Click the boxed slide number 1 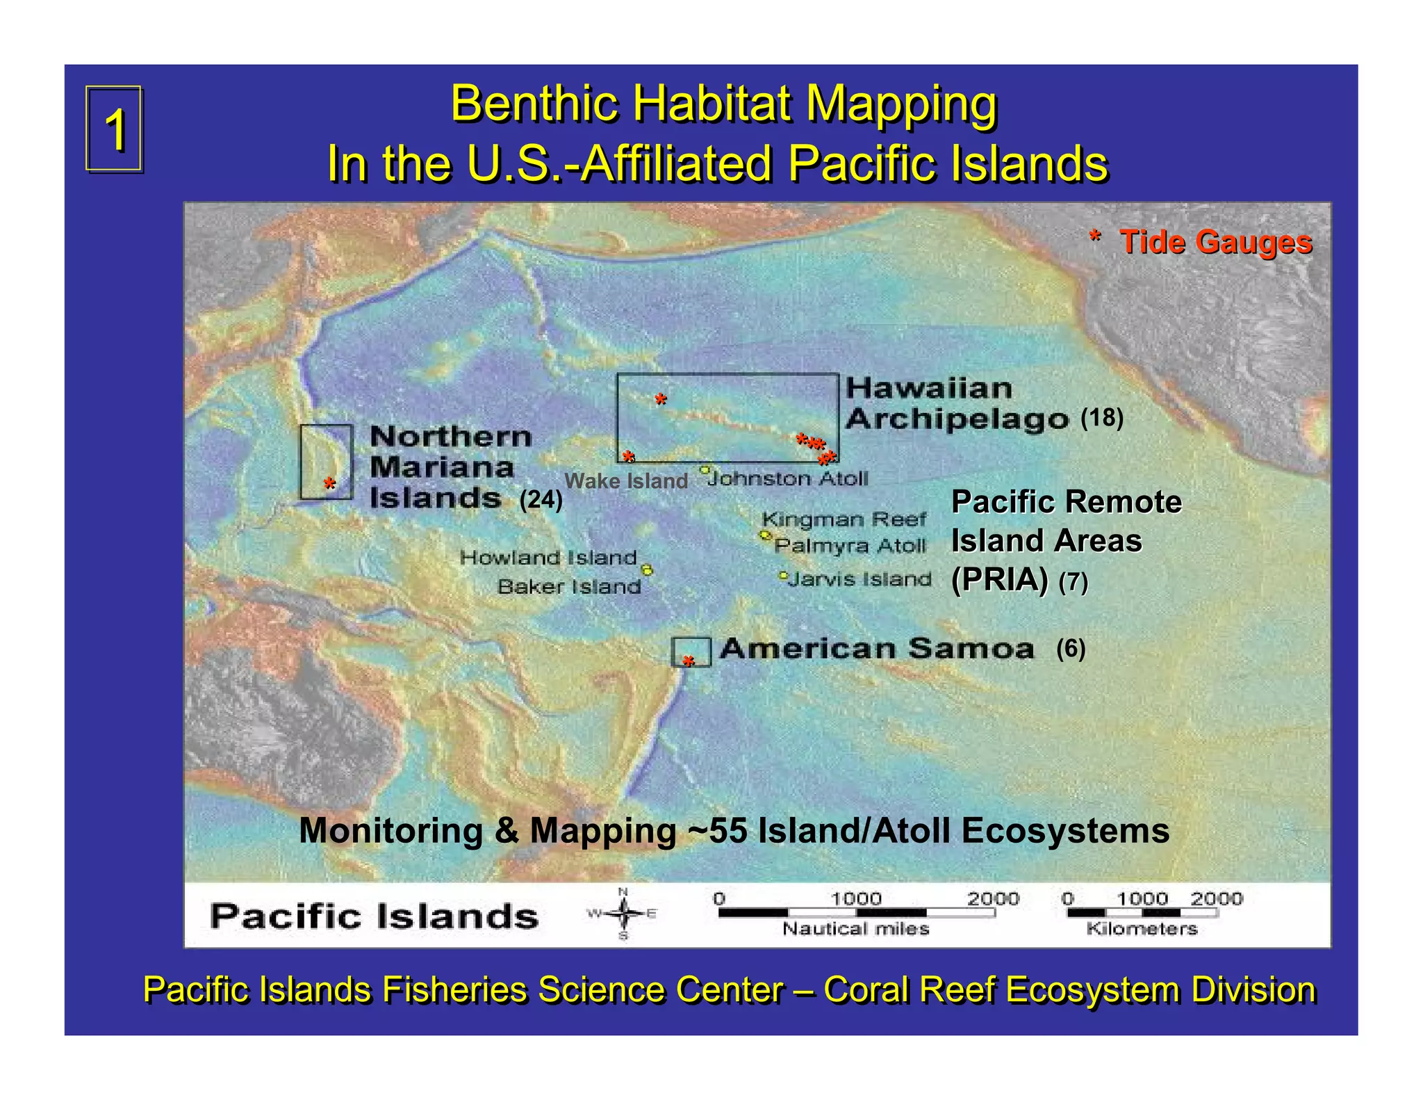[115, 129]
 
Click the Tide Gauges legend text [1215, 242]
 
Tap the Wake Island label [625, 480]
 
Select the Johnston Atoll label [789, 478]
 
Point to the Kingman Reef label [844, 519]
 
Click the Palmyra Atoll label [850, 546]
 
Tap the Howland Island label [548, 557]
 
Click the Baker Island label [569, 587]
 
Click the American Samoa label [877, 649]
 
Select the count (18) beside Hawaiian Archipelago [1102, 417]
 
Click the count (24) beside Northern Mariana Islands [541, 499]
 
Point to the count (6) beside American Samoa [1071, 648]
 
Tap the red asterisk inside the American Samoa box [688, 661]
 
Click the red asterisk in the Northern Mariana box [329, 484]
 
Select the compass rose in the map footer [623, 914]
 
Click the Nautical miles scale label [855, 929]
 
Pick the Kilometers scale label [1142, 929]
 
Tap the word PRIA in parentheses [999, 579]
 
